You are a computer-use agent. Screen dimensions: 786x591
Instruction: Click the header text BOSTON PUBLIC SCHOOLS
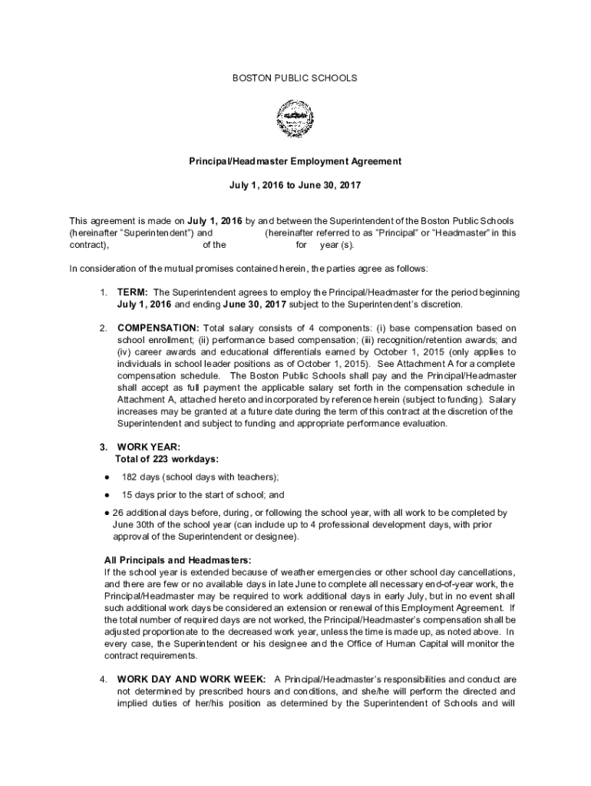(x=295, y=78)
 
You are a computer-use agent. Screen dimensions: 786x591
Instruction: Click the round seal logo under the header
(x=295, y=120)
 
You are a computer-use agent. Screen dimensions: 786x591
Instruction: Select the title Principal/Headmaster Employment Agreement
(x=295, y=162)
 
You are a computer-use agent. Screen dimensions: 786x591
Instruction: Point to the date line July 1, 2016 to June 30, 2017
(x=295, y=186)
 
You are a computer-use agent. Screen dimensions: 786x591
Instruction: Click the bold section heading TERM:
(x=133, y=292)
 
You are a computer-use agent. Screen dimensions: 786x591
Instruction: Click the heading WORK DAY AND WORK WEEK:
(x=192, y=679)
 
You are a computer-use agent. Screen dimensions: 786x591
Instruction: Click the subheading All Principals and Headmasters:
(x=177, y=559)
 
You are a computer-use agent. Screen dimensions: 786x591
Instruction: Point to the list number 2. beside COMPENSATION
(x=103, y=328)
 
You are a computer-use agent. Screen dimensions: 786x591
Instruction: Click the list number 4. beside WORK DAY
(x=103, y=679)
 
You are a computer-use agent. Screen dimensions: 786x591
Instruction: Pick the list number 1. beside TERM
(x=103, y=292)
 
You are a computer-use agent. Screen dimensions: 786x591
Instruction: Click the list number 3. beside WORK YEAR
(x=103, y=447)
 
